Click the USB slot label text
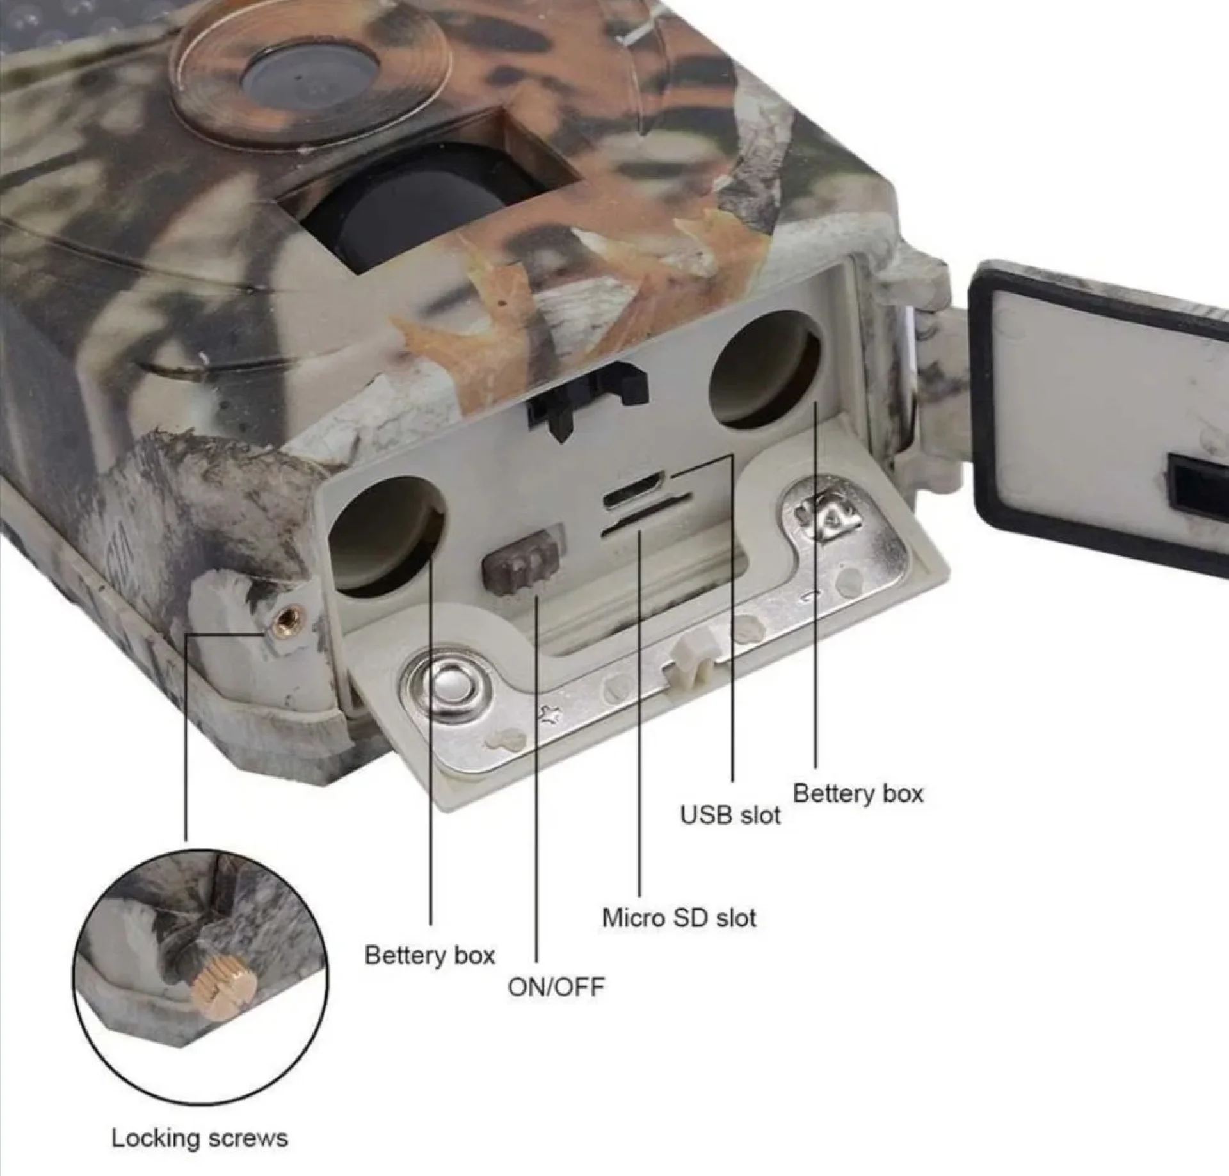coord(730,815)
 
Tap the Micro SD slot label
coord(679,918)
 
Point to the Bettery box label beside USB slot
coord(858,793)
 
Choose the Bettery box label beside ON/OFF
coord(430,955)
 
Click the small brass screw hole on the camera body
coord(285,618)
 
